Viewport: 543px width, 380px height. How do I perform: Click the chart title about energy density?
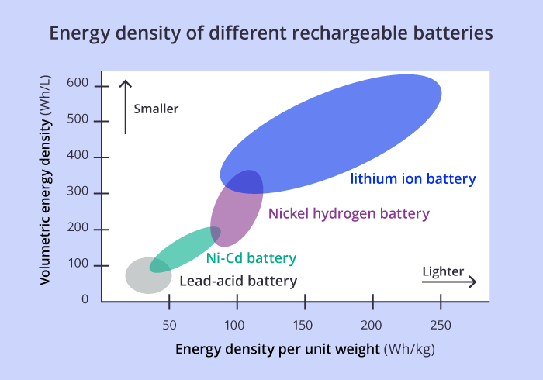[x=271, y=33]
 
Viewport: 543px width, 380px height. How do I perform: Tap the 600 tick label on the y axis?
[x=78, y=83]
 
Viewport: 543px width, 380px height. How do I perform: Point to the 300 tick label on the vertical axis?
[x=78, y=191]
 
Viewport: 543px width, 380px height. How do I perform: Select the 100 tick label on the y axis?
[x=78, y=264]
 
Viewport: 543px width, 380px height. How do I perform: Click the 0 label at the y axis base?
[x=85, y=299]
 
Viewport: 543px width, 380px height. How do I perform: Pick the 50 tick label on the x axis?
[x=169, y=325]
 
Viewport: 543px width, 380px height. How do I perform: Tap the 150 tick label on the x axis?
[x=303, y=325]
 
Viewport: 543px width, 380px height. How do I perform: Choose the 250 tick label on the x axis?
[x=441, y=325]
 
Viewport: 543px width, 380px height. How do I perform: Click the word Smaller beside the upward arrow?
[x=156, y=109]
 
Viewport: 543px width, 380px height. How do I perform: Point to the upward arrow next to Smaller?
[x=126, y=107]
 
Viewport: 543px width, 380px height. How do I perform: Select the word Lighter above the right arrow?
[x=443, y=271]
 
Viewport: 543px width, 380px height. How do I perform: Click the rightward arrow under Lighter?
[x=449, y=282]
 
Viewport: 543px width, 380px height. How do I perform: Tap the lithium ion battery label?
[x=413, y=179]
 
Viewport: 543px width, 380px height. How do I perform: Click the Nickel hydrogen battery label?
[x=349, y=213]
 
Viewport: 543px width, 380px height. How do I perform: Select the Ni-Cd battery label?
[x=251, y=258]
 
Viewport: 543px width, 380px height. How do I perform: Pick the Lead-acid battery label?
[x=238, y=281]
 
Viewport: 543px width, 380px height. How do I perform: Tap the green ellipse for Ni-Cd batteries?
[x=185, y=250]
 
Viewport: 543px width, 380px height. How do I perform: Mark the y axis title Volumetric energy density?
[x=45, y=180]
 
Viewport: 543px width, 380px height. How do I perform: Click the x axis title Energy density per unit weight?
[x=305, y=349]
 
